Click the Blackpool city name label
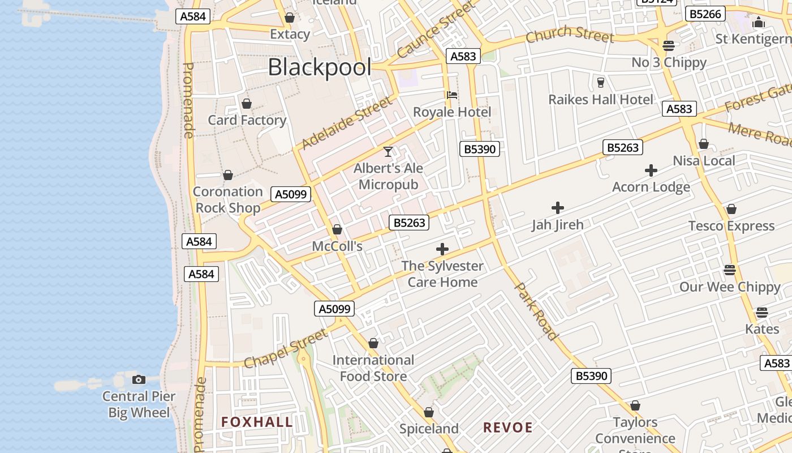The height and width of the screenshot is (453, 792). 320,67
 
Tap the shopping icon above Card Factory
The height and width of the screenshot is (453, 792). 247,104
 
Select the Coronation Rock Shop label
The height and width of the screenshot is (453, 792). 228,200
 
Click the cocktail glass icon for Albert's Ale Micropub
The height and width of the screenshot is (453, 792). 388,152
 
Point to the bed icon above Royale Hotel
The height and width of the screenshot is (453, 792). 452,95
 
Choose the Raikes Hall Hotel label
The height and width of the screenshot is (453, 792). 601,100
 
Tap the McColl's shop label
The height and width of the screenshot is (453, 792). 337,246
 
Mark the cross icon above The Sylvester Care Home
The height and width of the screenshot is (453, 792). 442,249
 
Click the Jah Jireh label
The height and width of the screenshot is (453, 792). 557,225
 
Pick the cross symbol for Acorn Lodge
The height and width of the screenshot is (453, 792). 651,170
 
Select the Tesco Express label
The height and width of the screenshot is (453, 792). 731,226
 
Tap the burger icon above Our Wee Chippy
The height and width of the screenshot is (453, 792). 730,270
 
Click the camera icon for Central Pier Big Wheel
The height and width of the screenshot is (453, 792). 139,379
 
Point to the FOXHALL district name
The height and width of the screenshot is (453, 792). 257,422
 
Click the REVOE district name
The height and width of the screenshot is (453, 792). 508,428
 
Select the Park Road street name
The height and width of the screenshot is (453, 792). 536,311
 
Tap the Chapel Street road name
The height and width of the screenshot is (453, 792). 286,347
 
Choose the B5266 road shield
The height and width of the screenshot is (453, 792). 705,14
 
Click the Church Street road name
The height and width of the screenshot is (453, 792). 570,35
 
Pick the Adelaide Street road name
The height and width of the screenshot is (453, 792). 347,123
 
